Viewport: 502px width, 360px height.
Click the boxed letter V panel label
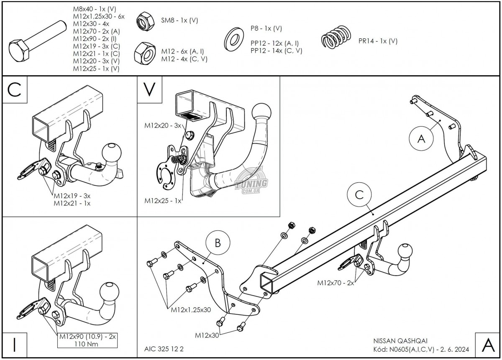click(149, 89)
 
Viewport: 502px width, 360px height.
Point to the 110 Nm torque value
click(87, 344)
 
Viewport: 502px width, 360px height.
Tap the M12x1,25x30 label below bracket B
click(190, 310)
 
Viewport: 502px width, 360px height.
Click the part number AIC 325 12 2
click(161, 349)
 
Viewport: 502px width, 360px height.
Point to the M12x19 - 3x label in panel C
click(72, 195)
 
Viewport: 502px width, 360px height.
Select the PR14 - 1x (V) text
click(378, 41)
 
